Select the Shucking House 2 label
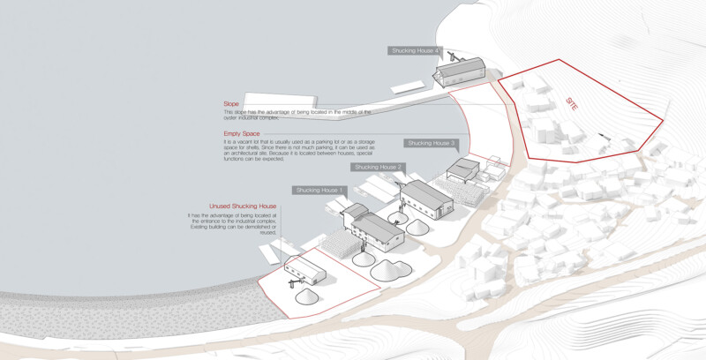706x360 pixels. pos(378,167)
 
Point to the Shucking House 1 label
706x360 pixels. pos(320,191)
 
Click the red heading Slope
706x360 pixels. pos(231,104)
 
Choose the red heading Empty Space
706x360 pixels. pos(242,133)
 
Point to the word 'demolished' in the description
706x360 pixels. pos(263,227)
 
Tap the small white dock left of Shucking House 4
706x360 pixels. pos(408,87)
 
